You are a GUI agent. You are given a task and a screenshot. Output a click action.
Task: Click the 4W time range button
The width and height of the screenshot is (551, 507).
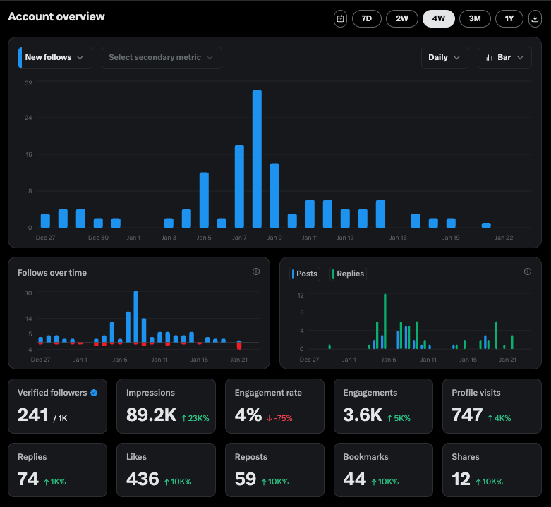coord(438,18)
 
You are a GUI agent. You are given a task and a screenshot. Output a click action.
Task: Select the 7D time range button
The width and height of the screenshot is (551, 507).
coord(366,18)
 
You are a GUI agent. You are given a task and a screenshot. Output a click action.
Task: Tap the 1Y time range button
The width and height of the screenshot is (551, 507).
coord(509,18)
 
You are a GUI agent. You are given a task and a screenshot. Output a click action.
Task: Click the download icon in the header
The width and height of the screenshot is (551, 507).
coord(534,18)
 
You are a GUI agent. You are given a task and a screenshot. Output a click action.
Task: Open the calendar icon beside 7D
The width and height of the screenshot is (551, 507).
coord(340,18)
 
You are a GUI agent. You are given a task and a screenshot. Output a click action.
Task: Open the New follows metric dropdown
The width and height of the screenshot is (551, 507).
coord(55,58)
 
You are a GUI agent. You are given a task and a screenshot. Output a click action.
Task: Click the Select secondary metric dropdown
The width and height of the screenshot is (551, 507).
coord(162,58)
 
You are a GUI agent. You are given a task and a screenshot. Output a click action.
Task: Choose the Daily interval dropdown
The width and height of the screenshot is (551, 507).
coord(444,58)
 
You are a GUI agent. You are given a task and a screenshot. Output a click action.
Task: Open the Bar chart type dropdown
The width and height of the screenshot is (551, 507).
coord(504,58)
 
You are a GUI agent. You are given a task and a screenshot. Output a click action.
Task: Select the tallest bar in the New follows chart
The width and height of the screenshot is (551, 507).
coord(257,159)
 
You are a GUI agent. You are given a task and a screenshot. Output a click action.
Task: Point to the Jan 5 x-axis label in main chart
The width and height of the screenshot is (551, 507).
coord(204,238)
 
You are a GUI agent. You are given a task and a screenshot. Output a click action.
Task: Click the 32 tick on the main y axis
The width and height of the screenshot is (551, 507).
coord(28,83)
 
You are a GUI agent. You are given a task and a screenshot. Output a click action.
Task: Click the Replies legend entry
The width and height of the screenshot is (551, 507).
coord(349,274)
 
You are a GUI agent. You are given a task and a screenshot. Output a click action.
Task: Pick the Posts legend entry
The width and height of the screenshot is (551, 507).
coord(304,274)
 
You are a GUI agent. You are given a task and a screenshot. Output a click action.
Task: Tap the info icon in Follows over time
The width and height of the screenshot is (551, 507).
coord(256,271)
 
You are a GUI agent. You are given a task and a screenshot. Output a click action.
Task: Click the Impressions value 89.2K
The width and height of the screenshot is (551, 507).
coord(151,415)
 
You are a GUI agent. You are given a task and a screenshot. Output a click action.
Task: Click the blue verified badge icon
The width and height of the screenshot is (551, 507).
coord(94,393)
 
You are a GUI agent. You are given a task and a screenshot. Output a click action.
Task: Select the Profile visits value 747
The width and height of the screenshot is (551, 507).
coord(467,415)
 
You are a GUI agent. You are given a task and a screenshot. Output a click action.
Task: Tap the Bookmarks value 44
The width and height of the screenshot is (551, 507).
coord(354,479)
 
